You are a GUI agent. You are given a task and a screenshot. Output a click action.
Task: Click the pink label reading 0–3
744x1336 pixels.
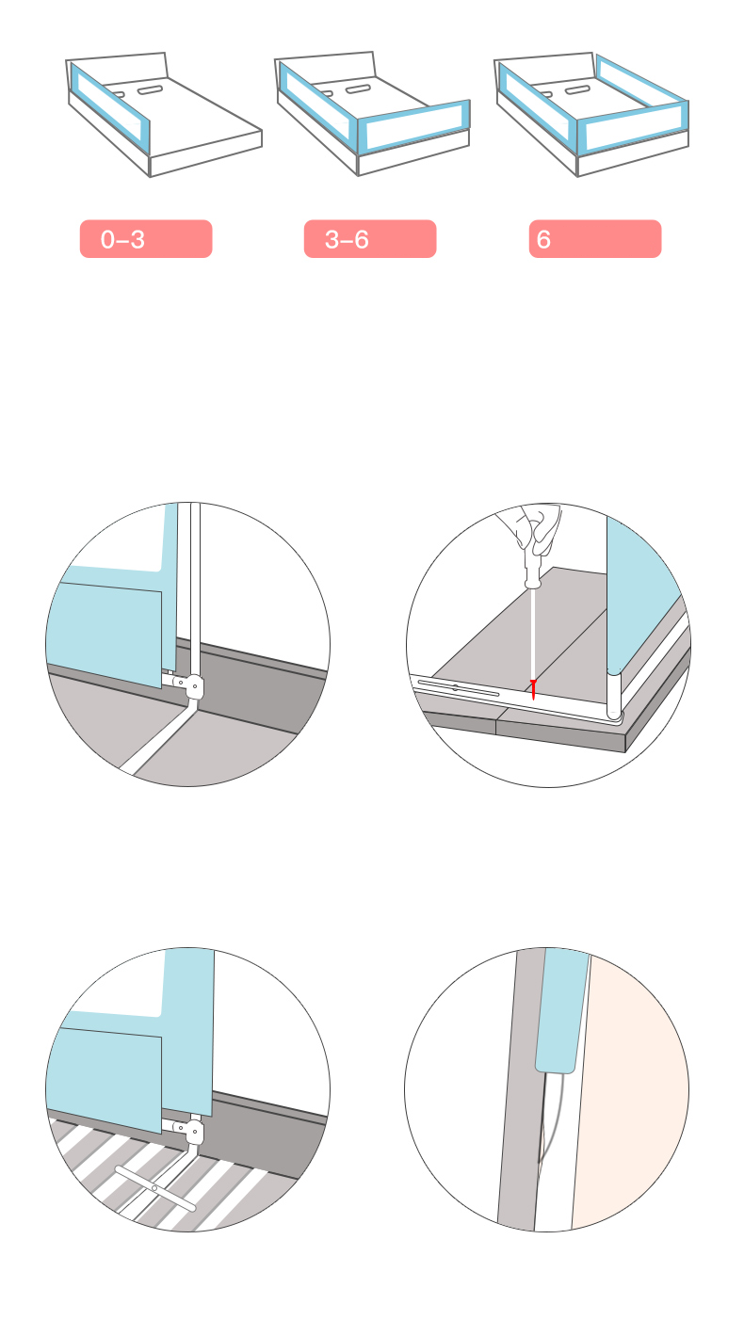coord(146,238)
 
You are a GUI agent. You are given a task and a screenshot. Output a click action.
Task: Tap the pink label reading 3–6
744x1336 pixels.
coord(370,238)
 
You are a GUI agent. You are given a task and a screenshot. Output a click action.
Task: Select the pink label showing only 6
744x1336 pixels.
coord(595,238)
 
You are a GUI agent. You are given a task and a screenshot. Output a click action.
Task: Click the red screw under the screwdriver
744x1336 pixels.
coord(533,689)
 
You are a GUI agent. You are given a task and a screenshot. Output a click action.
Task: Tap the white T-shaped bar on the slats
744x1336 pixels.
coord(155,1188)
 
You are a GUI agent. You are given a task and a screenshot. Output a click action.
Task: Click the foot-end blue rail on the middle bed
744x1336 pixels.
coord(413,126)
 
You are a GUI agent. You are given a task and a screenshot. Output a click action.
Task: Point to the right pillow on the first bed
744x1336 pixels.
coord(151,90)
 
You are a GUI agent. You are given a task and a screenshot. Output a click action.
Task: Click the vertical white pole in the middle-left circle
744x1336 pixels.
coord(195,590)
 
